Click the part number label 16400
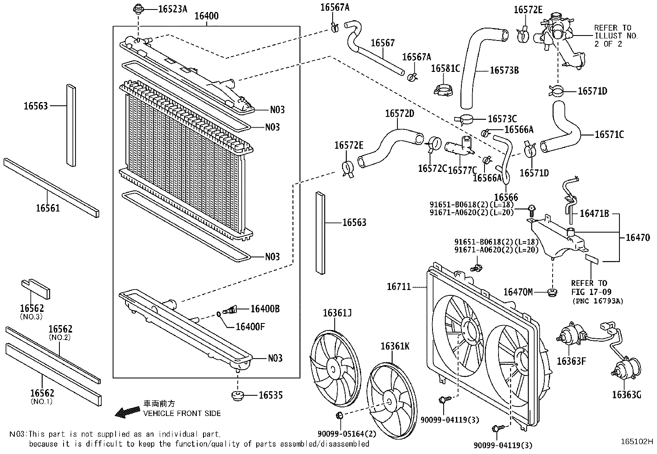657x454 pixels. (206, 16)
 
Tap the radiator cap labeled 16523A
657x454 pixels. (138, 9)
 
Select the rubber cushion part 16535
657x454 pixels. (238, 395)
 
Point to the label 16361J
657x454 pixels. (337, 313)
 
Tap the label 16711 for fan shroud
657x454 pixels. (399, 286)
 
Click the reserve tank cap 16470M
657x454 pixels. (552, 292)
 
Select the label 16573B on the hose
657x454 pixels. (504, 70)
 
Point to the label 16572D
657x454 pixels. (399, 113)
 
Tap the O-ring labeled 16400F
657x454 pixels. (219, 314)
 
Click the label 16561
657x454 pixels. (48, 208)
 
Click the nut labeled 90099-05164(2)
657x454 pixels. (340, 415)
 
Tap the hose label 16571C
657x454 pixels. (609, 134)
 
